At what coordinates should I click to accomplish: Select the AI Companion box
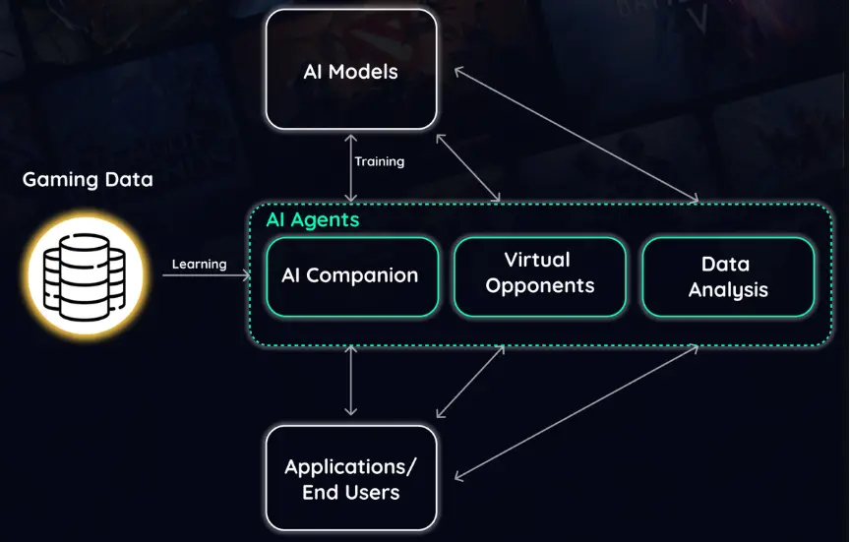(x=351, y=276)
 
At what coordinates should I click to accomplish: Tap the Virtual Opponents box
(x=539, y=276)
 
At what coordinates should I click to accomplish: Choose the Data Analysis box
(x=728, y=276)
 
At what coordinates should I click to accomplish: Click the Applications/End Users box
(x=351, y=478)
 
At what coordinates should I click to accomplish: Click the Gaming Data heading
(x=88, y=180)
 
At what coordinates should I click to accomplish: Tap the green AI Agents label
(x=313, y=219)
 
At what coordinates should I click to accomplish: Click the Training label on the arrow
(x=380, y=161)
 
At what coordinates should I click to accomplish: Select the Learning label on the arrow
(x=200, y=264)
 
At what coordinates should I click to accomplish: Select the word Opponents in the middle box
(x=540, y=286)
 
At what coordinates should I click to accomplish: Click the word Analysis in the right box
(x=728, y=289)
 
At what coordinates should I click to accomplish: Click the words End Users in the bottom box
(x=351, y=492)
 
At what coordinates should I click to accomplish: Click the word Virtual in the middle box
(x=537, y=260)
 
